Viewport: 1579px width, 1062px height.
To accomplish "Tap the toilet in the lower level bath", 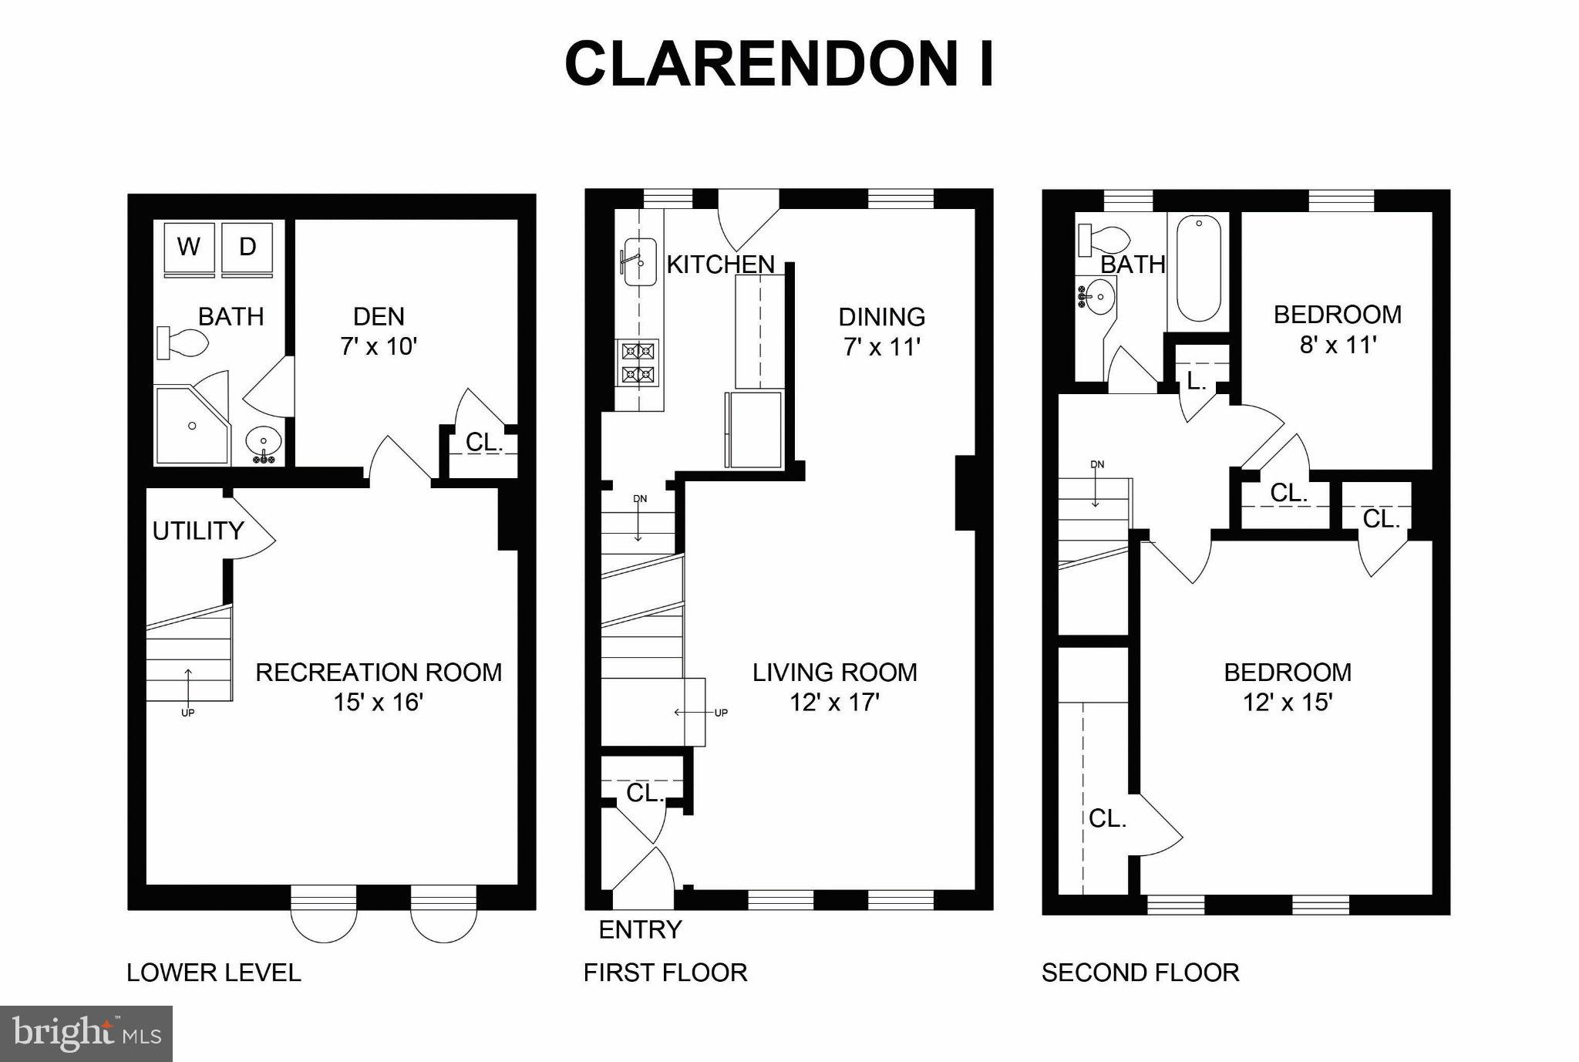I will point(184,342).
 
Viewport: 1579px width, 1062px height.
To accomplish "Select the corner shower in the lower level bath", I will point(192,425).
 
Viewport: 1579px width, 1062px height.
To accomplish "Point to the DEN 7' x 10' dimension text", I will point(379,346).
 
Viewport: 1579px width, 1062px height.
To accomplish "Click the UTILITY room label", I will point(197,531).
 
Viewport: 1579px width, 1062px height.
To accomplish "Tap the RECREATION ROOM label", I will point(379,673).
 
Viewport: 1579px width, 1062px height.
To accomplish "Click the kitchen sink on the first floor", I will point(639,261).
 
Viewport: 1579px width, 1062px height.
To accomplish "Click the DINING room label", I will point(881,317).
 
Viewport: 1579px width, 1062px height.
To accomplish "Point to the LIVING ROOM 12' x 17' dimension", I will point(834,703).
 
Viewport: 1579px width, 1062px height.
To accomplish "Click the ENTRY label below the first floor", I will point(640,930).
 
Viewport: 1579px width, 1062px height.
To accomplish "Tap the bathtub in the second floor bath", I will point(1198,268).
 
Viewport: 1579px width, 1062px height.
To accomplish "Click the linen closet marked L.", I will point(1197,381).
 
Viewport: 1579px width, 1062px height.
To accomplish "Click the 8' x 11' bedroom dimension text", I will point(1338,345).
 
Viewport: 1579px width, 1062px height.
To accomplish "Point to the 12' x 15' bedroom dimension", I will point(1288,703).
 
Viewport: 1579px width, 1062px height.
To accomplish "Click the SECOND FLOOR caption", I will point(1140,973).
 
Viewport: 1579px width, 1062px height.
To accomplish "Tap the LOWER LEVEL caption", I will point(214,973).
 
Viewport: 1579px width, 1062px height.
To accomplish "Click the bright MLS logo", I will point(86,1033).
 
